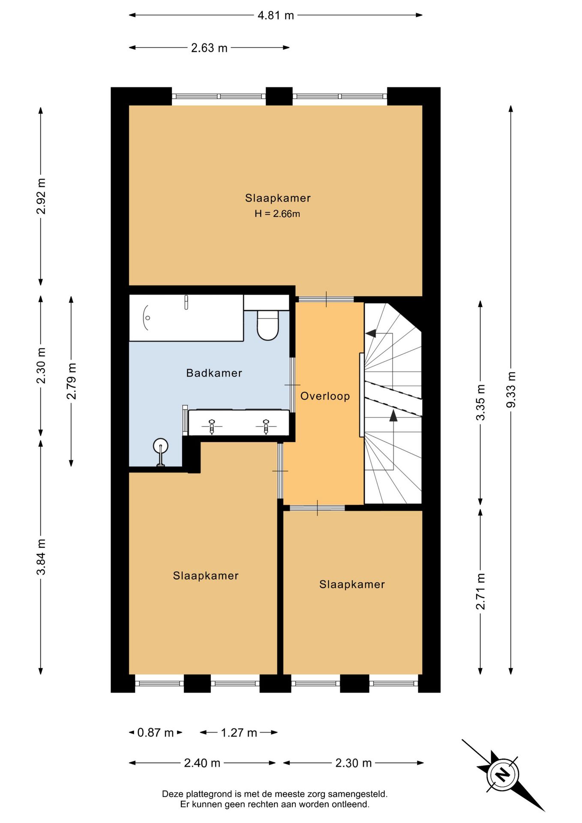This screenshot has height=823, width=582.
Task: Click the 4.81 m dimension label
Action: (x=276, y=15)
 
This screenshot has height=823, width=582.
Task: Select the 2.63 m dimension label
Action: (x=209, y=48)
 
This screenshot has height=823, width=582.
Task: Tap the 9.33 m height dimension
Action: (x=511, y=390)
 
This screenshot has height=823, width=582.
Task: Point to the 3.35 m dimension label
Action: (x=481, y=402)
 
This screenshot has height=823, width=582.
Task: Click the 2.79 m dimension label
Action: (x=71, y=381)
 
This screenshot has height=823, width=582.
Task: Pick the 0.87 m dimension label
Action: (x=155, y=733)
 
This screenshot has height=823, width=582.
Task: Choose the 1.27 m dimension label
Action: (x=239, y=733)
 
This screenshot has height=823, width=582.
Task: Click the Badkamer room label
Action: (x=214, y=373)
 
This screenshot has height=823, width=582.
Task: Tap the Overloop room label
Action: (x=325, y=396)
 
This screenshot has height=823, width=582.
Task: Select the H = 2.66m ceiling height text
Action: (x=277, y=213)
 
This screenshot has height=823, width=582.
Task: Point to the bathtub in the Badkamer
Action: (x=186, y=318)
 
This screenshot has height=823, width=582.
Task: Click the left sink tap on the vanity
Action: (x=212, y=427)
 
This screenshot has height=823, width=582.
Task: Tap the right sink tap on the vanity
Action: (x=266, y=427)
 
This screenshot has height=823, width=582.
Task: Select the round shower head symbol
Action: (x=161, y=446)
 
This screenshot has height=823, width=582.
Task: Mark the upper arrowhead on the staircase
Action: (x=370, y=333)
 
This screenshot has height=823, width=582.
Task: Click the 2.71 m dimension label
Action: (x=481, y=591)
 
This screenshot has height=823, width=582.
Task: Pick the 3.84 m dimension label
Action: (x=41, y=556)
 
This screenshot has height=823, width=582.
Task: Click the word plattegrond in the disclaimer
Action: (x=211, y=794)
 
